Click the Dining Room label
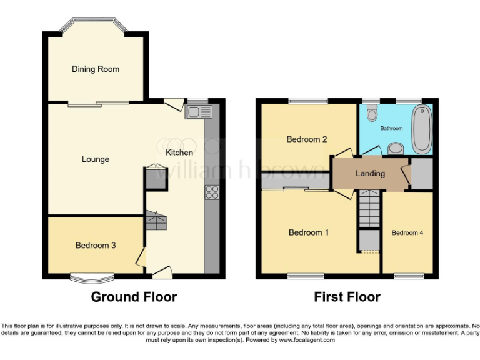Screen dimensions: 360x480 coord(95,69)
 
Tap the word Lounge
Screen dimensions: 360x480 coord(95,159)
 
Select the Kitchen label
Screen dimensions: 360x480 coord(179,152)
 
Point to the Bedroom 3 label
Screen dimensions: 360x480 coord(95,246)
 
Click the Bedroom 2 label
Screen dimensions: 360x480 coord(307,139)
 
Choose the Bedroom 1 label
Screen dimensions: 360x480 coord(309,233)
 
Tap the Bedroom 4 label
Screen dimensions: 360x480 coord(407,233)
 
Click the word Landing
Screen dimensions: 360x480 coord(370,173)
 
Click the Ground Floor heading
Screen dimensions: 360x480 coord(134,297)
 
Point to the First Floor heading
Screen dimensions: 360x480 coord(347,297)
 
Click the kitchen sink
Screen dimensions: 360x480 coord(199,112)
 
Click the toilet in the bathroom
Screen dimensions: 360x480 coord(372,113)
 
